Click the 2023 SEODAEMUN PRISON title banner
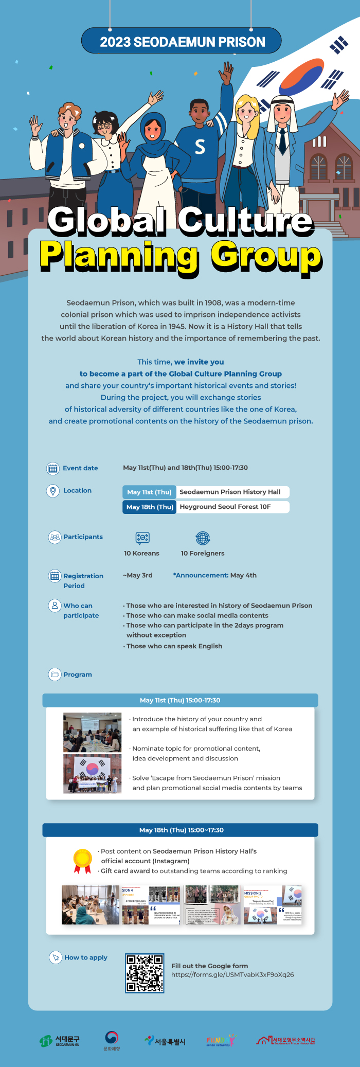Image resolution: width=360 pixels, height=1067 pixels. tap(182, 41)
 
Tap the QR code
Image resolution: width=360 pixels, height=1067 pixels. tap(145, 973)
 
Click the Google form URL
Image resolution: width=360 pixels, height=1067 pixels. tap(232, 974)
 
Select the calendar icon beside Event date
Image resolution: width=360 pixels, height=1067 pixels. tap(53, 468)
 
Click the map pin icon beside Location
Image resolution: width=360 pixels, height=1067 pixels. tap(53, 491)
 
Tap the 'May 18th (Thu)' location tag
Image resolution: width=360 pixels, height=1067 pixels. tap(150, 507)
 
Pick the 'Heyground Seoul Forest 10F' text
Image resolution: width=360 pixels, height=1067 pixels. tap(225, 507)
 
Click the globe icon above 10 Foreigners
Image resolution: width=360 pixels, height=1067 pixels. tap(203, 538)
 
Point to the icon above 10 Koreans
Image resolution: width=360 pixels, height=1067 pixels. tap(142, 538)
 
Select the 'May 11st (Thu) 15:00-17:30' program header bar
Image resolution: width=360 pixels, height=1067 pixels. tap(180, 700)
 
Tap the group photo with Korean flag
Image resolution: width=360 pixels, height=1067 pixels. tap(93, 773)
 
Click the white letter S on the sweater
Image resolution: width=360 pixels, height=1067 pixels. tap(200, 147)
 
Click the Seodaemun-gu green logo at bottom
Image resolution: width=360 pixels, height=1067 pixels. tap(60, 1041)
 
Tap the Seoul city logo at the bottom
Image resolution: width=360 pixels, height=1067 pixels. tap(165, 1041)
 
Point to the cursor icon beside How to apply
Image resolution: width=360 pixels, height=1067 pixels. tap(55, 957)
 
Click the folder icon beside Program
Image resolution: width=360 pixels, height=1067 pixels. tap(55, 674)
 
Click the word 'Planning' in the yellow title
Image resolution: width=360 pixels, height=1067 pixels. tap(119, 256)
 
